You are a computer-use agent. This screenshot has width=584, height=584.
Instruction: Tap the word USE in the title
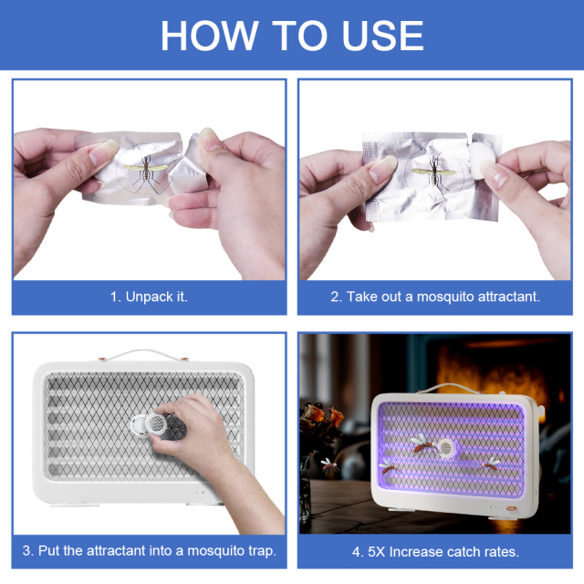tap(383, 36)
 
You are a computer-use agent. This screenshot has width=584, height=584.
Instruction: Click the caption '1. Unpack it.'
tap(149, 297)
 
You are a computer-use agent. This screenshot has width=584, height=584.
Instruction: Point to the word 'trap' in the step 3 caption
tap(262, 551)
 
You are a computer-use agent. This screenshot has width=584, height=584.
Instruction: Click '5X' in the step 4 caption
tap(376, 551)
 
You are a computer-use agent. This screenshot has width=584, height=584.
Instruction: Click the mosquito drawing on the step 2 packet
tap(434, 172)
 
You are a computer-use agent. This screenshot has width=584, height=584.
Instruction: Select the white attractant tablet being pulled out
tap(482, 157)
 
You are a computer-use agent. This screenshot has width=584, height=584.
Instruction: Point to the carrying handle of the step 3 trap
tap(144, 355)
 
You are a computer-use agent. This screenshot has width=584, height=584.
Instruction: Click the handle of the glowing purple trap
tap(451, 388)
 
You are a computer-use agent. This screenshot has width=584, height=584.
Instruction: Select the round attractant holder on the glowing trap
tap(445, 448)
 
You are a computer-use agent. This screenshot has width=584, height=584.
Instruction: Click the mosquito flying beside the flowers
tap(329, 465)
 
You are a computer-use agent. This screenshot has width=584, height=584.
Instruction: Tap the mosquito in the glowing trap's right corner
tap(492, 464)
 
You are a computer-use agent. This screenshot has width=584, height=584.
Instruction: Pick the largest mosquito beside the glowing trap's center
tap(424, 443)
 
